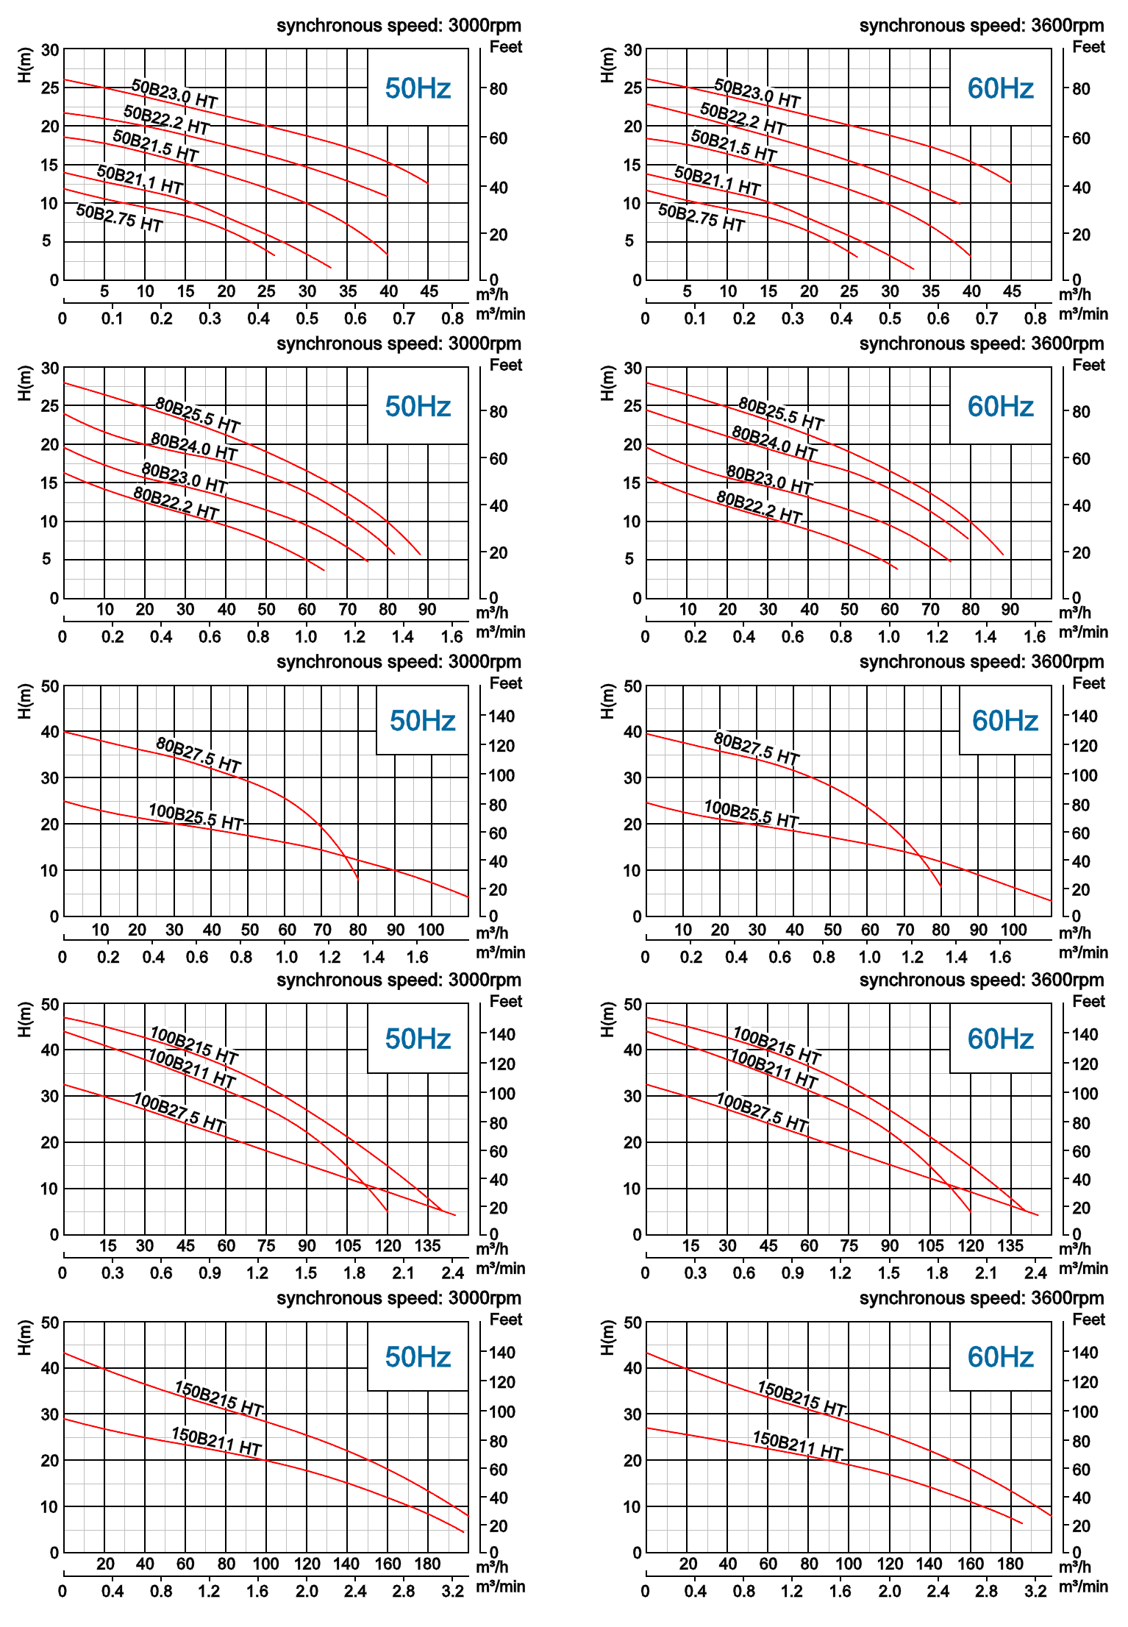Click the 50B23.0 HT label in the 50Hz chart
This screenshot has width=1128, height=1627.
point(174,93)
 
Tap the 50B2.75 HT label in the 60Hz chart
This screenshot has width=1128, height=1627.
point(702,218)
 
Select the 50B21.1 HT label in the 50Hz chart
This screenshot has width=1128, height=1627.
point(140,179)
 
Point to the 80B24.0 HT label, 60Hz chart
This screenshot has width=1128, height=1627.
point(774,443)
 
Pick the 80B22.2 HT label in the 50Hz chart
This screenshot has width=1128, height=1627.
point(176,503)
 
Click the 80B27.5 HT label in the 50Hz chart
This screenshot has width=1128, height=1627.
point(199,755)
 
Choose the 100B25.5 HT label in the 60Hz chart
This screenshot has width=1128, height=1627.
point(752,813)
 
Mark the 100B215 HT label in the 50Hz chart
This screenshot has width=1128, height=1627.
point(194,1045)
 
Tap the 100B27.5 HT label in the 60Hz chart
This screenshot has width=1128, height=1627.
point(763,1112)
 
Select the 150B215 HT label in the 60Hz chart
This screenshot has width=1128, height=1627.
point(802,1398)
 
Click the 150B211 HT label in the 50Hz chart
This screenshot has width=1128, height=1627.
point(217,1442)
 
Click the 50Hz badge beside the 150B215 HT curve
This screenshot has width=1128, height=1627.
point(418,1357)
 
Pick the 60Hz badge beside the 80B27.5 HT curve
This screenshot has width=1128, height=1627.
point(1004,721)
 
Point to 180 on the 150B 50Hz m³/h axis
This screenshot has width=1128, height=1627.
point(427,1564)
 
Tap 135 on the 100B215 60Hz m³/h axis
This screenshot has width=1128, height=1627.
point(1010,1245)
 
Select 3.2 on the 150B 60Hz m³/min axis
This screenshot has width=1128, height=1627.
point(1035,1591)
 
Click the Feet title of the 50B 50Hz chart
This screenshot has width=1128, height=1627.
point(506,47)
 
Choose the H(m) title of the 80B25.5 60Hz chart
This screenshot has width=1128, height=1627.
point(607,383)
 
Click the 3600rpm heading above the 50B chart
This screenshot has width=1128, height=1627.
point(982,26)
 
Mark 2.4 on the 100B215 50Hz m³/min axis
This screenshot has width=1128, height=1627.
point(453,1272)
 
